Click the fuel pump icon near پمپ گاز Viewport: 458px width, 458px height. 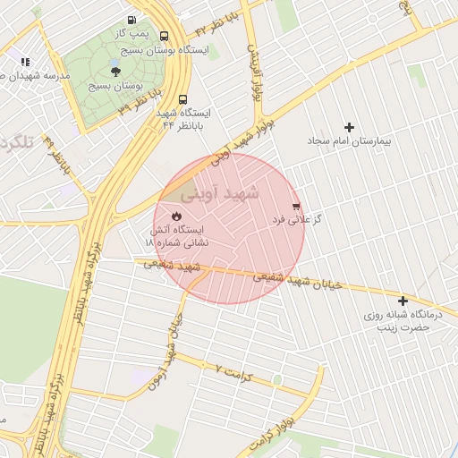pos(131,20)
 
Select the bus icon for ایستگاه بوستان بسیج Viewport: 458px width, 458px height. pos(164,37)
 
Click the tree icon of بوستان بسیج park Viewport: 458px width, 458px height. pos(115,71)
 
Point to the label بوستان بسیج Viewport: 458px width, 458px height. pos(117,86)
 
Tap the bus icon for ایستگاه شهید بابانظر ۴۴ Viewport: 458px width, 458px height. pos(182,100)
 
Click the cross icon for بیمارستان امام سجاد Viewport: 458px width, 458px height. pos(349,127)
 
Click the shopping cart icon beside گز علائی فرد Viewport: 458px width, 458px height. pos(296,205)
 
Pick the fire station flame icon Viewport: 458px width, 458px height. pos(176,216)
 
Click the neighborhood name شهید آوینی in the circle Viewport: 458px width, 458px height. pos(219,192)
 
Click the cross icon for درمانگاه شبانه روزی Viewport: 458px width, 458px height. pos(403,301)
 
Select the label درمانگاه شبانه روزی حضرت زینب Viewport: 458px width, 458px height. pos(398,321)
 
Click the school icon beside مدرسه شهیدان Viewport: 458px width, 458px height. pos(25,62)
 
